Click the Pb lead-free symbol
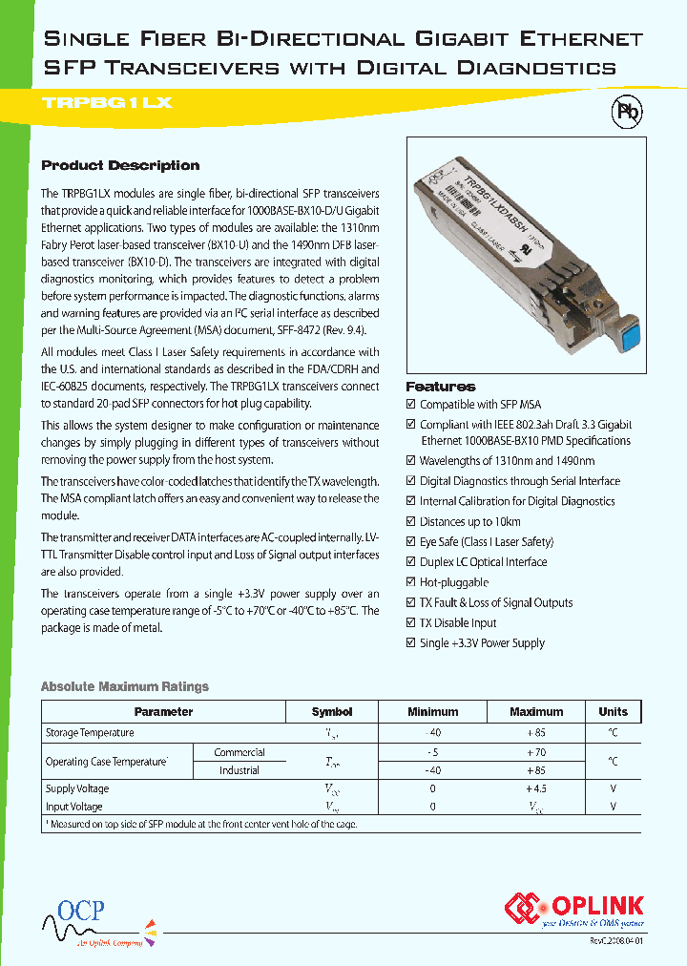[627, 112]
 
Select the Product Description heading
[120, 165]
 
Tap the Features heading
[440, 387]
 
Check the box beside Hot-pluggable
[411, 582]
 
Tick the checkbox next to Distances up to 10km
[411, 522]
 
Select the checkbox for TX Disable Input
[411, 623]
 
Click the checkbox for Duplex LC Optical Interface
[411, 562]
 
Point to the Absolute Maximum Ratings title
[124, 686]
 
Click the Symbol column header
[332, 712]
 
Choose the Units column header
[613, 712]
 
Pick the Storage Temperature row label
[90, 733]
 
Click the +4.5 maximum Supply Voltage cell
[536, 789]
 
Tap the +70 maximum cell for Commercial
[536, 752]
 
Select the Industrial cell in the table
[239, 770]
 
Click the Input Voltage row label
[73, 807]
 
